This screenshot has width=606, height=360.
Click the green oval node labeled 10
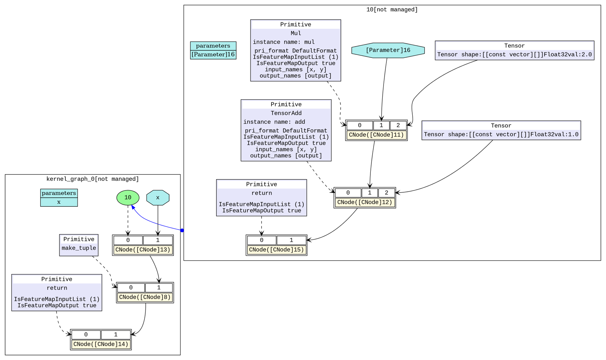tap(128, 198)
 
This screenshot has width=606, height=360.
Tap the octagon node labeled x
tap(158, 198)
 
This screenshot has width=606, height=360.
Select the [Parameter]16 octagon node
tap(388, 50)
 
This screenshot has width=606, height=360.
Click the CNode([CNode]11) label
tap(376, 135)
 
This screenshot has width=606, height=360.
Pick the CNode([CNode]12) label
tap(365, 202)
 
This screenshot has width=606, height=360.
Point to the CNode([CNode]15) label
tap(276, 250)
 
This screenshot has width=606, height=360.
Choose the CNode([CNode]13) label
tap(143, 250)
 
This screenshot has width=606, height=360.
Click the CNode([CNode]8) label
tap(145, 297)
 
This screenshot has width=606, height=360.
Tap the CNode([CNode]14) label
tap(101, 344)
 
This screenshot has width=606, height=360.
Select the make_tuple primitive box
tap(79, 245)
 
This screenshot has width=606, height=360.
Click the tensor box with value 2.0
tap(514, 50)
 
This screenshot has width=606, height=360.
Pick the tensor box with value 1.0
tap(501, 130)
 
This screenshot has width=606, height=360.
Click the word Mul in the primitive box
tap(296, 33)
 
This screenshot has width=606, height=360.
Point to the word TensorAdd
tap(286, 113)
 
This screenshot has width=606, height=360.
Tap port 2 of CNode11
tap(398, 125)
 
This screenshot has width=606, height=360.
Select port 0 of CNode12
tap(348, 193)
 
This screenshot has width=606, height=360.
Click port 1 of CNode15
tap(291, 240)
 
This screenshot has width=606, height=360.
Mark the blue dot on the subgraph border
tap(182, 231)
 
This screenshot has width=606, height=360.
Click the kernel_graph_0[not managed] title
tap(93, 179)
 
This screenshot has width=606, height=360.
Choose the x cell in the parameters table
tap(59, 202)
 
